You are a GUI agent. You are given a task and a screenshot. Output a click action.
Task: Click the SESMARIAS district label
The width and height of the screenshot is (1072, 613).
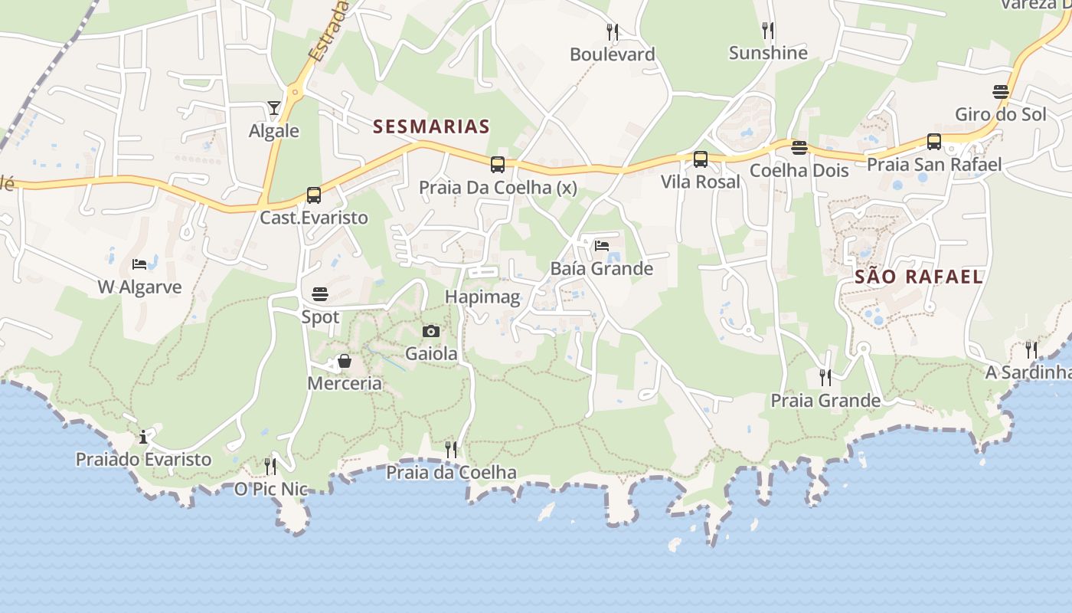tap(431, 126)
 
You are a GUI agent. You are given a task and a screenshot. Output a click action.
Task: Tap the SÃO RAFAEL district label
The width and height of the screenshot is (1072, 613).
tap(919, 277)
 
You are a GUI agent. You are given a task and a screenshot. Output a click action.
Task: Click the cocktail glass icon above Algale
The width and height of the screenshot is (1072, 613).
tap(274, 107)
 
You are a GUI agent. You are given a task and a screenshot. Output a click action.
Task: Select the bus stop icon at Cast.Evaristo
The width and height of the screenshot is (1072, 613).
tap(314, 195)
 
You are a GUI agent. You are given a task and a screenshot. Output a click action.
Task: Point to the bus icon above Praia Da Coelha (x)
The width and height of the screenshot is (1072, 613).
tap(498, 164)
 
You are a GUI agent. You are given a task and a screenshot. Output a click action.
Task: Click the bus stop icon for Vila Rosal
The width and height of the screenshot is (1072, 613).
tap(701, 159)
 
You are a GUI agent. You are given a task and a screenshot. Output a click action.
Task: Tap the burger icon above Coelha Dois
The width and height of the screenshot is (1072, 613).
tap(799, 147)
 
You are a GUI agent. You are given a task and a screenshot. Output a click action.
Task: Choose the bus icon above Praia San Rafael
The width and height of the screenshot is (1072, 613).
tap(934, 142)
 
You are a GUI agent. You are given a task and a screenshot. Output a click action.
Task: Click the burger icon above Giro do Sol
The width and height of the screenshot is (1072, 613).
tap(1001, 92)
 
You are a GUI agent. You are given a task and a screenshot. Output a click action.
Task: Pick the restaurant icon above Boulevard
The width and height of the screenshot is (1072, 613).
tap(613, 31)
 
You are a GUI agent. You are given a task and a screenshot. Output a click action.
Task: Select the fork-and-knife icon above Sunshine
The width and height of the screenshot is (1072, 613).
tap(768, 30)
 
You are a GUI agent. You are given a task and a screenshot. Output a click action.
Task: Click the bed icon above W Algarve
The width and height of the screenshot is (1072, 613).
tap(139, 264)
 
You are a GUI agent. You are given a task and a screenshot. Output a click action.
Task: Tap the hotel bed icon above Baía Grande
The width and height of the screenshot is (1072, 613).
tap(602, 246)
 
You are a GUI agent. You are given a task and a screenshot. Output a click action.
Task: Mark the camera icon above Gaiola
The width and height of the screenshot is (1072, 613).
tap(431, 331)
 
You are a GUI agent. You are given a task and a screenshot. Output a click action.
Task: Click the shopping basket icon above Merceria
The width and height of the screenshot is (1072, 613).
tap(345, 360)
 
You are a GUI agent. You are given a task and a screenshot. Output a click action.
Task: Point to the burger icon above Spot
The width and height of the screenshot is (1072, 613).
tap(320, 293)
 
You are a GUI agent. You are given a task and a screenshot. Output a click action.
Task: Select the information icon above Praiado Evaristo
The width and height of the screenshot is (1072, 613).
tap(143, 437)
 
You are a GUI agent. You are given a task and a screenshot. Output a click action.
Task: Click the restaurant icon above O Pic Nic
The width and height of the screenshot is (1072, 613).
tap(270, 466)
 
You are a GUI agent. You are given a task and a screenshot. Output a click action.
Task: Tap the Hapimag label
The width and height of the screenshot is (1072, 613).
tap(482, 297)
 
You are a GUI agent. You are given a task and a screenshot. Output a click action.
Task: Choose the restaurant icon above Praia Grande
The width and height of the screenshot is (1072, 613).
tap(825, 377)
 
